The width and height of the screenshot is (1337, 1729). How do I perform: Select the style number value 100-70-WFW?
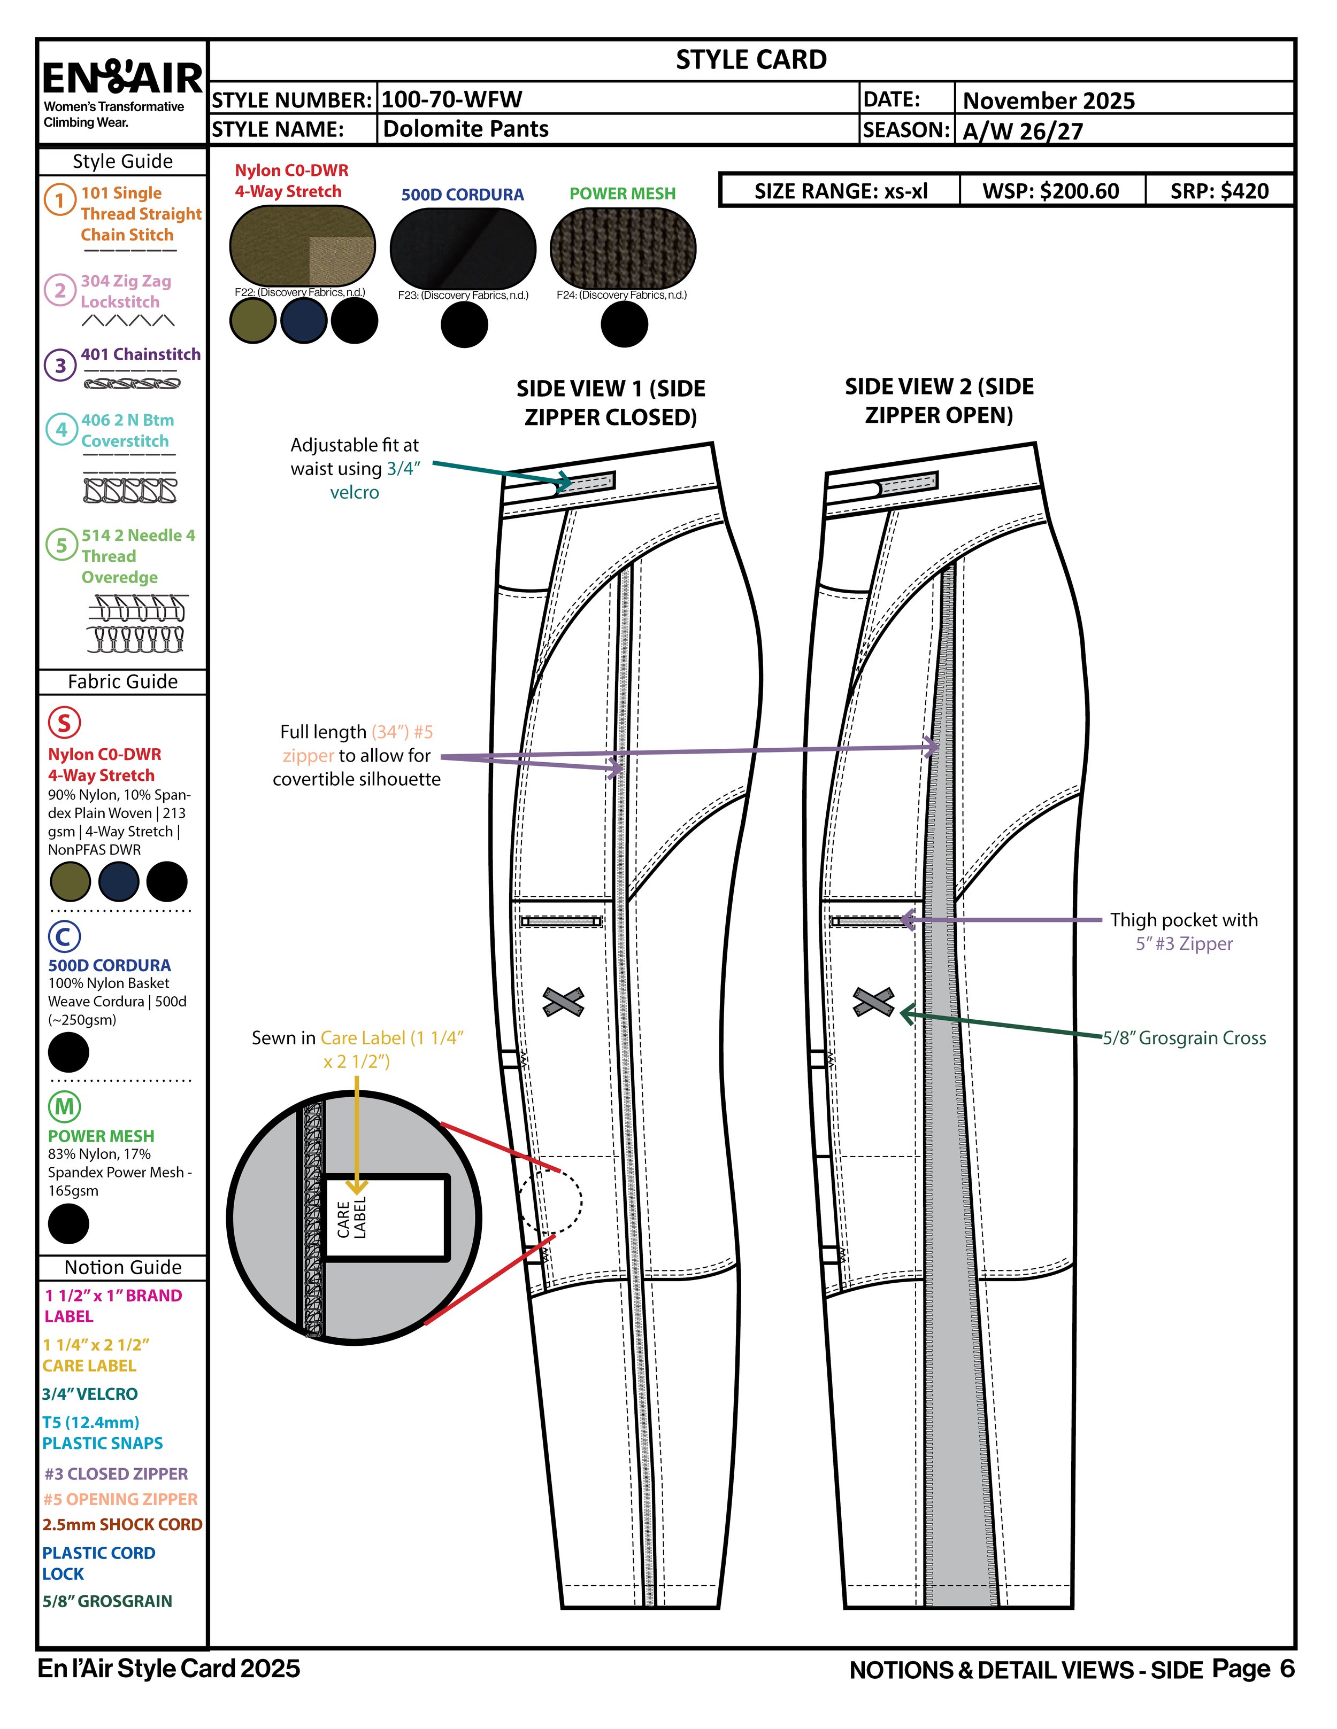point(451,100)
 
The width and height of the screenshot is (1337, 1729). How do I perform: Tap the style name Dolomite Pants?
point(466,129)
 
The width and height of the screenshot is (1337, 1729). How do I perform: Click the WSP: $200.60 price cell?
point(1051,191)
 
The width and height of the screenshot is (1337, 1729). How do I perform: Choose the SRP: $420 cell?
point(1219,191)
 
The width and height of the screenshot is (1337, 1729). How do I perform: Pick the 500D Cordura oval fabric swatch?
point(463,248)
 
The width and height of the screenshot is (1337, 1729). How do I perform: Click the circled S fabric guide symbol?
point(64,722)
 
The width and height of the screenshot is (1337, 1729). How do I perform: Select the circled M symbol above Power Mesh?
point(64,1106)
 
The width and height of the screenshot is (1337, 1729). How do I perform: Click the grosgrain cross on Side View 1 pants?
point(563,1002)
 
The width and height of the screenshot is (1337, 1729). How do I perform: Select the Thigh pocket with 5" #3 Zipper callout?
point(1184,932)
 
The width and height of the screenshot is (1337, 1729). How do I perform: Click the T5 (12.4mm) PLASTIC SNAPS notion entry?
point(102,1433)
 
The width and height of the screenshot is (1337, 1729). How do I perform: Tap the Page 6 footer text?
point(1253,1668)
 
